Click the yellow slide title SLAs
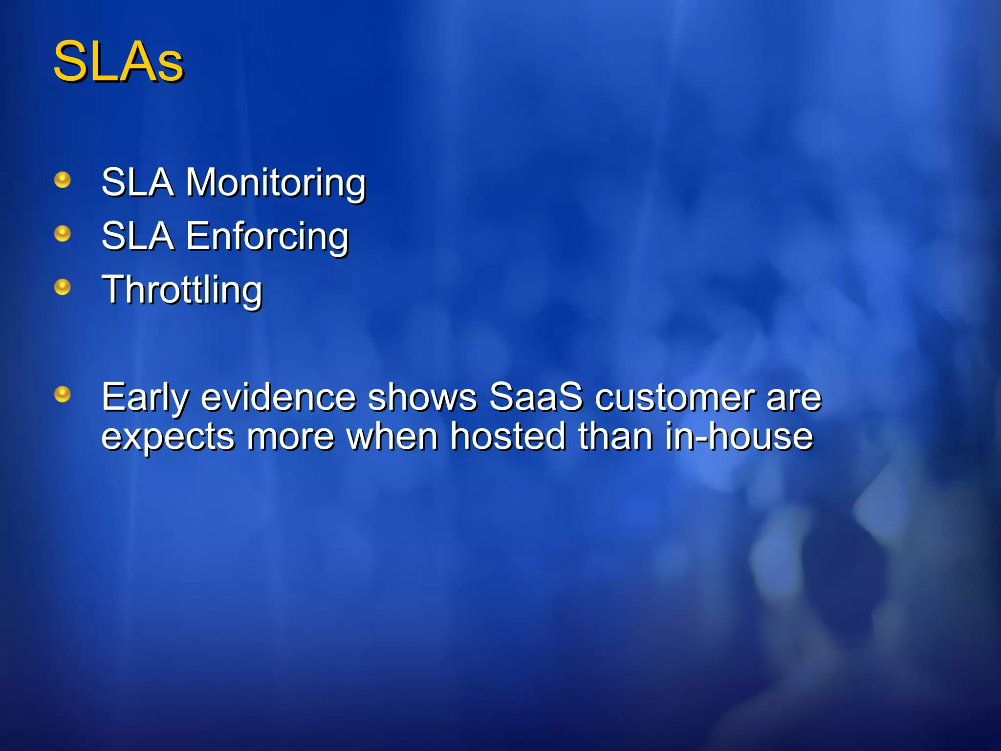click(x=118, y=62)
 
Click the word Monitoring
click(x=275, y=183)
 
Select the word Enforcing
click(x=267, y=237)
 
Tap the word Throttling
click(x=182, y=290)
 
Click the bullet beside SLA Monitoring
click(x=63, y=180)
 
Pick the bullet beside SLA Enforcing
click(x=63, y=234)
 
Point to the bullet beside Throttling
click(x=63, y=287)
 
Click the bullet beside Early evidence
click(x=63, y=394)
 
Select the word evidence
click(x=279, y=397)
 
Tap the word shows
click(x=422, y=397)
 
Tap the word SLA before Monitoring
click(x=138, y=183)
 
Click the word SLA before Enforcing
click(x=138, y=237)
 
